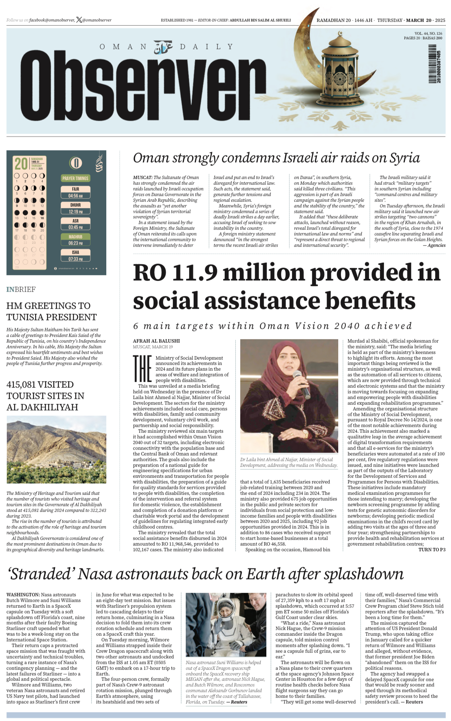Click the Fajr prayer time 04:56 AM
(75, 196)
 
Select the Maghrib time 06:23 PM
(75, 243)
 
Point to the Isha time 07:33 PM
(75, 259)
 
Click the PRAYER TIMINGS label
(75, 178)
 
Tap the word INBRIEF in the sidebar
(21, 289)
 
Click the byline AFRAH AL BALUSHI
(156, 341)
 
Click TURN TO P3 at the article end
(432, 549)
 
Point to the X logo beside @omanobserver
(79, 20)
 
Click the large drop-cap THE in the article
(143, 369)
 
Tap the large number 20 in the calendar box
(21, 164)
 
